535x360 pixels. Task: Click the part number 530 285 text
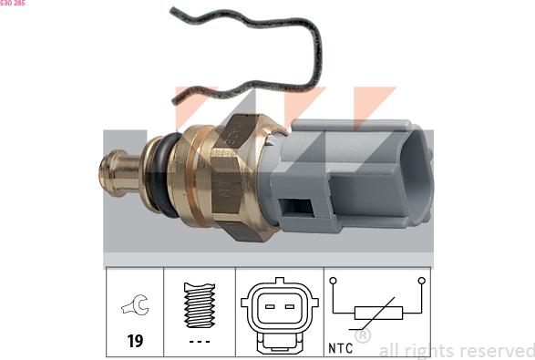click(x=12, y=3)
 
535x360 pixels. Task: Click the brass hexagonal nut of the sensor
click(x=235, y=178)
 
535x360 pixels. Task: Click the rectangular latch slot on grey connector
click(x=296, y=207)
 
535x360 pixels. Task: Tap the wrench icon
click(x=135, y=304)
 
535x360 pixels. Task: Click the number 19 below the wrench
click(x=135, y=341)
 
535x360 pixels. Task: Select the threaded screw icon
click(x=200, y=304)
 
